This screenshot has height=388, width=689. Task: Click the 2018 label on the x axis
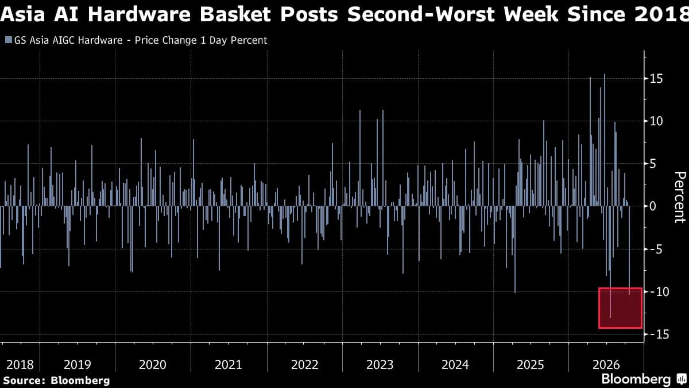coord(20,365)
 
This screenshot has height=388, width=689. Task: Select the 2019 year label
coord(78,365)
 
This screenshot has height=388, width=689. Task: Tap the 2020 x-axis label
coord(153,365)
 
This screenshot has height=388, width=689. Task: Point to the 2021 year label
coord(229,365)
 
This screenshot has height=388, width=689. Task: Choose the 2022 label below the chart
coord(304,365)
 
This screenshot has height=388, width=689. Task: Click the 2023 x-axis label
coord(380,365)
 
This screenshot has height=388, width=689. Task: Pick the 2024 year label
coord(455,365)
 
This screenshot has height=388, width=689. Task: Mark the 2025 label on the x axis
coord(531,365)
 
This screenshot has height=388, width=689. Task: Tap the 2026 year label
coord(606,365)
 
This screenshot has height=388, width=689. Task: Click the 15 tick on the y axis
coord(656,79)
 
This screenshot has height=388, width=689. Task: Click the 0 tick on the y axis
coord(653,206)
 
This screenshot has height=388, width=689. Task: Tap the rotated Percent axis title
coord(680,197)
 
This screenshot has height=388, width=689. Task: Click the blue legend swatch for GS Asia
coord(9,40)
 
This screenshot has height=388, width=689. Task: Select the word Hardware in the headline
coord(138,14)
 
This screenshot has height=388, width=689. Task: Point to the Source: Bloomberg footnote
coord(56,381)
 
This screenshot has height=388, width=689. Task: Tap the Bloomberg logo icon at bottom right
coord(681,378)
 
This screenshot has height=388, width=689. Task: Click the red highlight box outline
coord(599,308)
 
